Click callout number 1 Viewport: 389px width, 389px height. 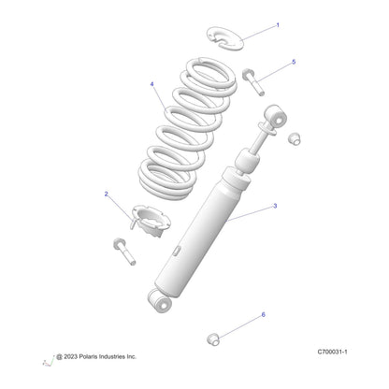pyautogui.click(x=278, y=25)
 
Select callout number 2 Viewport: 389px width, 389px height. pyautogui.click(x=107, y=194)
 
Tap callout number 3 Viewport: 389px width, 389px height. pyautogui.click(x=275, y=206)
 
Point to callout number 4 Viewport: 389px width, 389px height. pyautogui.click(x=152, y=84)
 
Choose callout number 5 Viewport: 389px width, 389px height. pyautogui.click(x=294, y=62)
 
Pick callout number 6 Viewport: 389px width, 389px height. pyautogui.click(x=263, y=315)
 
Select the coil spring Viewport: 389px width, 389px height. pyautogui.click(x=187, y=128)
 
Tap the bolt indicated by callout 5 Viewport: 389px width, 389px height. pyautogui.click(x=253, y=81)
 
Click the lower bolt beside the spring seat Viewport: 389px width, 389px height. pyautogui.click(x=124, y=252)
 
